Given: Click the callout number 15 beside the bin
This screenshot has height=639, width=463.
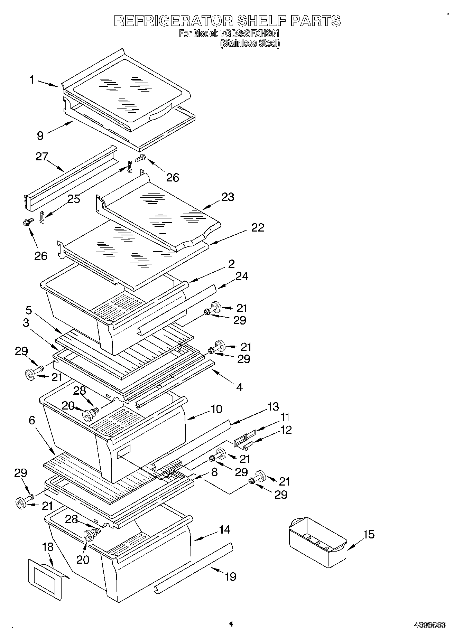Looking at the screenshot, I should (369, 535).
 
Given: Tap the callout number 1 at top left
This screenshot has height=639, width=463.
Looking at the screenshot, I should (32, 80).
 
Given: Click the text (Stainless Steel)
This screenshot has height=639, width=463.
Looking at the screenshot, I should (250, 43).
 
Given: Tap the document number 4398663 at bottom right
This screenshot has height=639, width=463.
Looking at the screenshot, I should (430, 625).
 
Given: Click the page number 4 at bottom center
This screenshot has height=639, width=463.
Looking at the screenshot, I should (231, 624).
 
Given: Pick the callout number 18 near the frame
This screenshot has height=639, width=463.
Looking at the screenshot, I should (48, 547).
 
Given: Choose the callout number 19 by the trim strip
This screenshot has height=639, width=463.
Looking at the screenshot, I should (231, 576).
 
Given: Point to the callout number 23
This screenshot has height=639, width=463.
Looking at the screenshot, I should (228, 197).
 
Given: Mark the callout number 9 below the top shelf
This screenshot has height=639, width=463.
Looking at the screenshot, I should (40, 135).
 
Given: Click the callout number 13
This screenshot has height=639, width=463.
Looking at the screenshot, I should (273, 406).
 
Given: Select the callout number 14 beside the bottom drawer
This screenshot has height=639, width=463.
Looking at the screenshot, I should (224, 529).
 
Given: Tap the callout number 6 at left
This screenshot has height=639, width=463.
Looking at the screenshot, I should (32, 420).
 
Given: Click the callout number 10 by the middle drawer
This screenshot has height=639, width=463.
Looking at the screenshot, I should (216, 409).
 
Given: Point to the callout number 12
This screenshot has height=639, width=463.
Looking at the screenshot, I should (286, 430).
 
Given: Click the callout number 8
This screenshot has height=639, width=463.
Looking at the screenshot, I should (214, 472).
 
